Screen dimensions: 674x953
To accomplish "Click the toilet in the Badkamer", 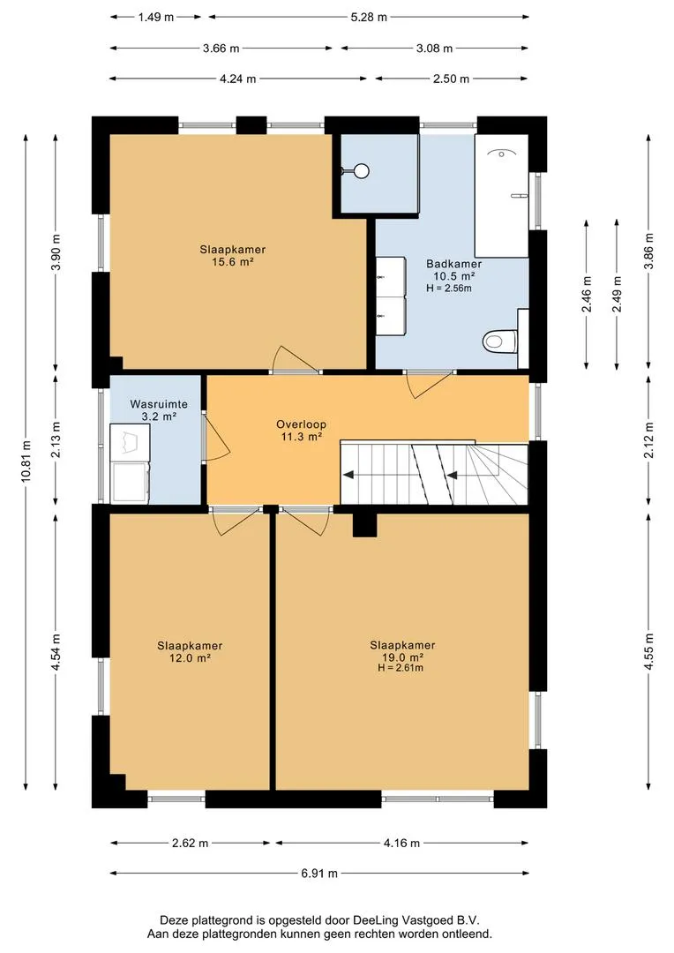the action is pyautogui.click(x=500, y=341).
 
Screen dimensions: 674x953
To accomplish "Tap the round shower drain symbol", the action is pyautogui.click(x=363, y=171).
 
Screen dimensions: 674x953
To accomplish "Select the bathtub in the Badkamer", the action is pyautogui.click(x=501, y=196).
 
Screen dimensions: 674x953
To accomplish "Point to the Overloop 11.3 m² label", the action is pyautogui.click(x=301, y=431).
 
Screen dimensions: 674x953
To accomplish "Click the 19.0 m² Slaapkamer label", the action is pyautogui.click(x=402, y=651).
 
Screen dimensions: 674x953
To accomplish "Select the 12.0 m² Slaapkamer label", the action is pyautogui.click(x=190, y=651).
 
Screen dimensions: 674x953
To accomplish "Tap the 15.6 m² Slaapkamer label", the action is pyautogui.click(x=233, y=255).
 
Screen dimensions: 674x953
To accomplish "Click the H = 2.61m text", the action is pyautogui.click(x=401, y=668).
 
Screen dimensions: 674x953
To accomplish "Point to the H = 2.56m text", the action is pyautogui.click(x=448, y=288).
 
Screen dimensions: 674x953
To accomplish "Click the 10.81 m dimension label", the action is pyautogui.click(x=26, y=461).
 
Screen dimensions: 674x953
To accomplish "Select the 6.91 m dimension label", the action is pyautogui.click(x=319, y=874).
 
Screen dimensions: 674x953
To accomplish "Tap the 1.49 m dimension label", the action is pyautogui.click(x=156, y=17).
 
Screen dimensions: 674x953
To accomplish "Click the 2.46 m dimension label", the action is pyautogui.click(x=587, y=294).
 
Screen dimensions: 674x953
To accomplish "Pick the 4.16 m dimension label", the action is pyautogui.click(x=401, y=843).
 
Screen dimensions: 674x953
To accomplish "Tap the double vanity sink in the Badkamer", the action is pyautogui.click(x=390, y=296).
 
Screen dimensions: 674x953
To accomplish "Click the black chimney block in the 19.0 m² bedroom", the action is pyautogui.click(x=364, y=525).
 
